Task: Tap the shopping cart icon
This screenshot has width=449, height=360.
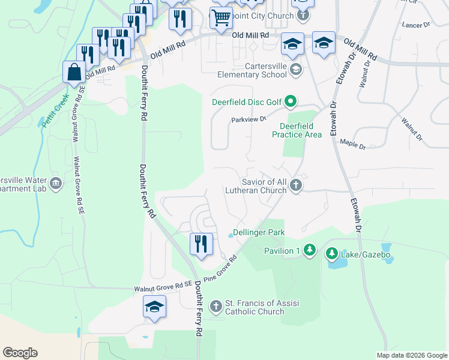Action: point(221,17)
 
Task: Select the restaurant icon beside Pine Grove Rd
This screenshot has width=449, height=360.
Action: point(200,244)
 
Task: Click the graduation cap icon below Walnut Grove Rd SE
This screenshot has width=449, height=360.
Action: point(154,307)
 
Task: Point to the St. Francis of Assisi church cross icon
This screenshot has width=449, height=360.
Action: point(216,307)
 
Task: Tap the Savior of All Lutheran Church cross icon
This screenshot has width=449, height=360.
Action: point(295,185)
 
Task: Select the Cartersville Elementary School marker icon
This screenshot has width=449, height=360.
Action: point(295,70)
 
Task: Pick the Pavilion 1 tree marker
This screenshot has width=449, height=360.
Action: point(309,249)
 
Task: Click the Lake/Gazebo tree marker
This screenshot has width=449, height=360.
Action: point(331,255)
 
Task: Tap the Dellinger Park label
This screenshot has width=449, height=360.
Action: point(258,232)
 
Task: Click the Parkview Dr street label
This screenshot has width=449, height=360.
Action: point(249,119)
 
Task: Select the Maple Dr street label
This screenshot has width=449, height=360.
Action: point(352,143)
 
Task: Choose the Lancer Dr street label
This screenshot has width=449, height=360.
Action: point(417,25)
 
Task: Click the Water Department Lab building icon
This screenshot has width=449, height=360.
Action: point(56,182)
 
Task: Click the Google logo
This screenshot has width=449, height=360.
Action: point(20,353)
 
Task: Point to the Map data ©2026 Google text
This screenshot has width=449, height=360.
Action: point(411,355)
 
